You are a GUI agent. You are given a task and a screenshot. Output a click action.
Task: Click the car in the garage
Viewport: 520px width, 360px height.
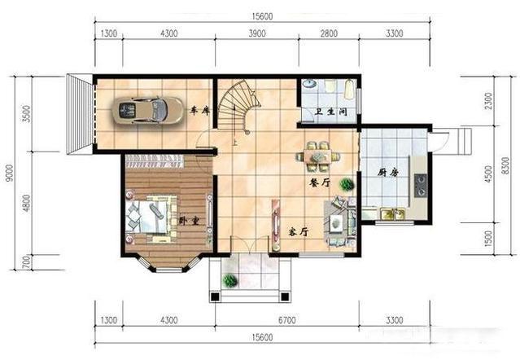coord(147,111)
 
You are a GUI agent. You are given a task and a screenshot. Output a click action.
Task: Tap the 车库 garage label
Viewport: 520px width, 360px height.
coord(200,111)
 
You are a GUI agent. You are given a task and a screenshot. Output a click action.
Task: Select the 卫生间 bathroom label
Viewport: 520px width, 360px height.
coord(331,112)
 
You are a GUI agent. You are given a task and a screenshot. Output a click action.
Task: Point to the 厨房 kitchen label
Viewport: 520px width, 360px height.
coord(387,173)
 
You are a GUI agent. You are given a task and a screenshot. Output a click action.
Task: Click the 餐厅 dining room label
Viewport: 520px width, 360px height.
coord(320,182)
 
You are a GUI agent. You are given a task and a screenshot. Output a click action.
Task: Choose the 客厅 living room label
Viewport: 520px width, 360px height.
coord(298,231)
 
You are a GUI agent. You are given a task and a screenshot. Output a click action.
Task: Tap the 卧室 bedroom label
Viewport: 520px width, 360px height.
coord(190,221)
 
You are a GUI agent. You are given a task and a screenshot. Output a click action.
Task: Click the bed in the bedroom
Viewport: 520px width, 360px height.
coord(151,217)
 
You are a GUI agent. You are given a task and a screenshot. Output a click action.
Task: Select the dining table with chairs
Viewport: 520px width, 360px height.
coord(318,156)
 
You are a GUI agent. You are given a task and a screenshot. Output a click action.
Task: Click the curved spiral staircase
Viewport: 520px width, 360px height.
coord(237,106)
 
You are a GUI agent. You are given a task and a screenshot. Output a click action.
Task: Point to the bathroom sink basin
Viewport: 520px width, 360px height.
coord(309,84)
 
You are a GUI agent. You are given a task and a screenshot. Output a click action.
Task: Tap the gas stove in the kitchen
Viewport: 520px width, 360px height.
coord(421,186)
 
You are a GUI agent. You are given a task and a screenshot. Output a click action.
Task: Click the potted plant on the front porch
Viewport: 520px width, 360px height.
coord(229,281)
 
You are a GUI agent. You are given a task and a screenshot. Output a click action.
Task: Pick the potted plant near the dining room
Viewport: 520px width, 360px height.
coord(347,184)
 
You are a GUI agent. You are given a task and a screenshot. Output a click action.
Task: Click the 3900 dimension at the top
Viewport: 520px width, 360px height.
coord(257,33)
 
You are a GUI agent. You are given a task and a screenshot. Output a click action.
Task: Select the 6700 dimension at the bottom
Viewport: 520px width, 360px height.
coord(287,320)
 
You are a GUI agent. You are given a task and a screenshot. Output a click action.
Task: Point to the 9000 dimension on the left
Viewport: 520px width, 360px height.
coord(10,173)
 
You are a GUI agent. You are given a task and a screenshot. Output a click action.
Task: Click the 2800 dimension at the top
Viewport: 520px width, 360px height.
coord(329,33)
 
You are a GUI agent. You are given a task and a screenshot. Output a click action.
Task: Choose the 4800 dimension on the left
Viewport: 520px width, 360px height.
coord(27,203)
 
